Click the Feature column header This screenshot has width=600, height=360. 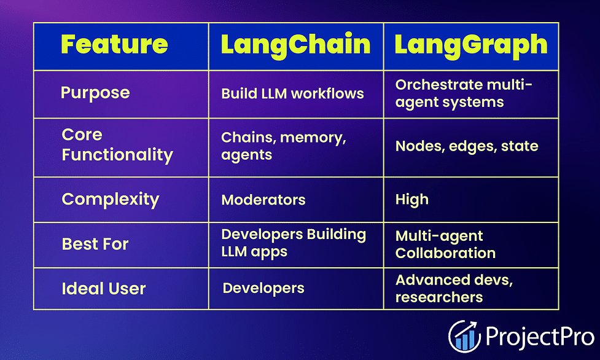pos(114,44)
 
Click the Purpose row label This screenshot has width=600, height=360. pos(95,93)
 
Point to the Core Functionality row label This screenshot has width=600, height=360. pos(117,145)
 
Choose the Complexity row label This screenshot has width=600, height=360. pos(110,200)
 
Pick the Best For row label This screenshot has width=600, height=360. pos(95,244)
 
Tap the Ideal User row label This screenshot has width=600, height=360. pos(104,288)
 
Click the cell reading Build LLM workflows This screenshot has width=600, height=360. pos(292,93)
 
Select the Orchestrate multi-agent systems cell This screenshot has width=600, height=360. pos(464,94)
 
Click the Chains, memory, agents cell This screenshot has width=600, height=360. pos(284,146)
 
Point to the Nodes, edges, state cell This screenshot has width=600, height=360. pos(467,146)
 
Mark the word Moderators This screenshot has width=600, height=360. pos(263,200)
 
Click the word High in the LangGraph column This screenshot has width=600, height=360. pos(411,200)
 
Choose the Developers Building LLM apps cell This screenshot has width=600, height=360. pos(294,243)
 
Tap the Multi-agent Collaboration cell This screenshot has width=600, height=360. pos(445,245)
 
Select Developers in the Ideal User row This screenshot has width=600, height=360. pos(263,288)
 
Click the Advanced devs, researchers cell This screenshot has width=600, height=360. pos(454,289)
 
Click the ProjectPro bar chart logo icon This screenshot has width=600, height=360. pos(464,336)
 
